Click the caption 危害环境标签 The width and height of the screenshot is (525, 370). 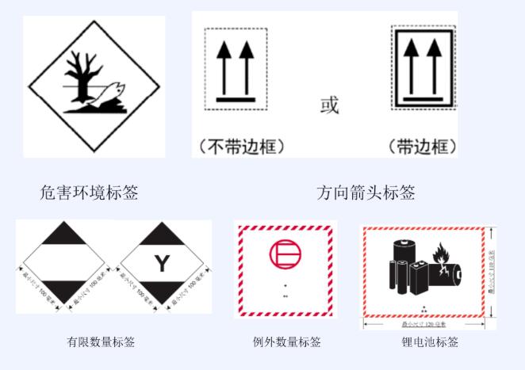tap(88, 192)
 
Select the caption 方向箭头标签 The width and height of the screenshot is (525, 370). tap(366, 192)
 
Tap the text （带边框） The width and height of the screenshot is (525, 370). tap(423, 146)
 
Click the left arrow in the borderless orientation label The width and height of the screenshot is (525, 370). tap(224, 67)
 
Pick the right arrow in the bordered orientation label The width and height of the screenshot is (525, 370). tap(433, 67)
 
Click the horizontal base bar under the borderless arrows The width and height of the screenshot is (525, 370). tap(236, 100)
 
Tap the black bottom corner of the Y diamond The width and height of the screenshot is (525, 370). tap(162, 294)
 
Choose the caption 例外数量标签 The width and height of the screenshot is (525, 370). tap(286, 342)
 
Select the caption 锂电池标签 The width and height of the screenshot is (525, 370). tap(430, 342)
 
